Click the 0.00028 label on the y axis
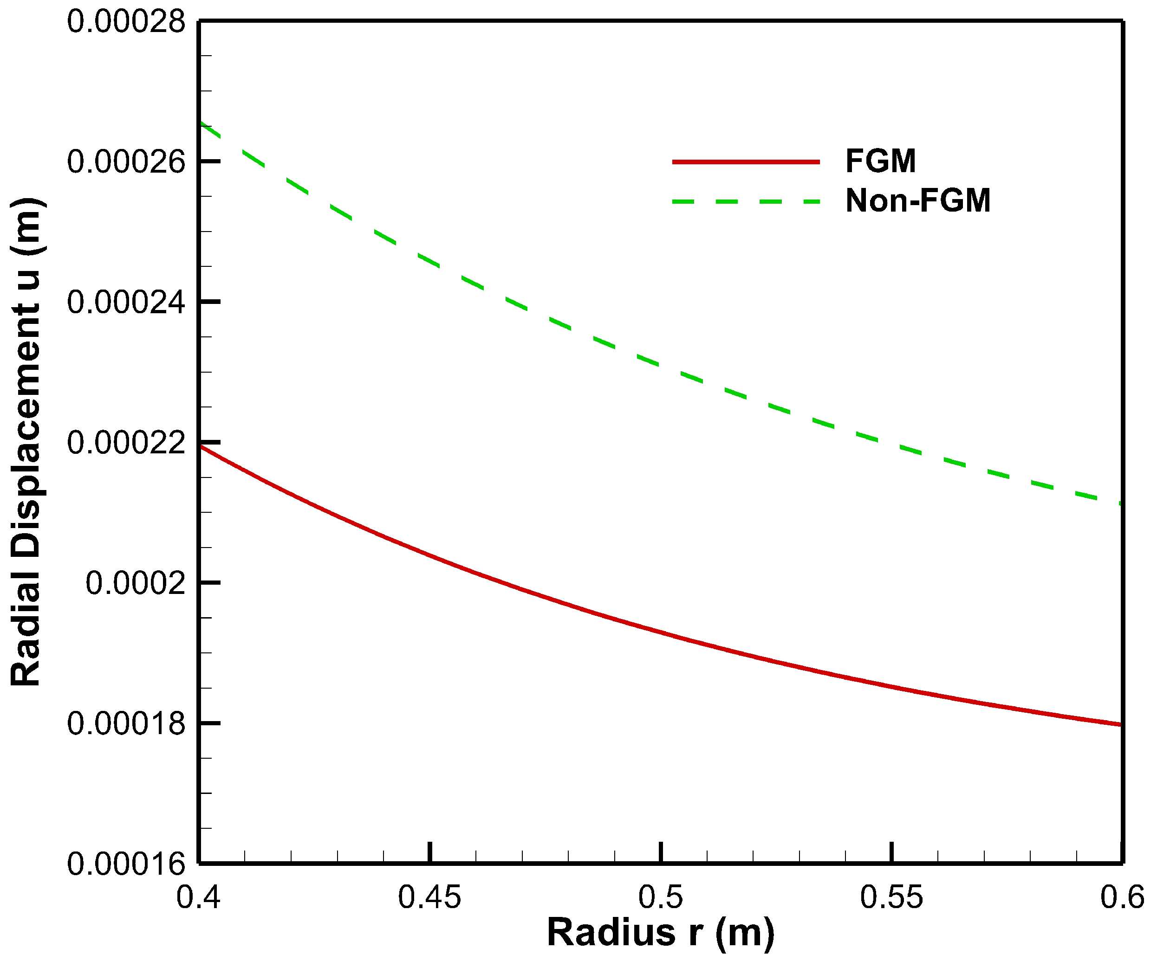point(126,23)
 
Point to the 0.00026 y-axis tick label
point(126,162)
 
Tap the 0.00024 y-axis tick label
point(126,303)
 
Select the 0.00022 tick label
point(126,443)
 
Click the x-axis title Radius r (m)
point(661,934)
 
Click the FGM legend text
point(880,161)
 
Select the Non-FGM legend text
point(918,200)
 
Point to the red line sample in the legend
point(746,162)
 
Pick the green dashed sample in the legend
point(746,201)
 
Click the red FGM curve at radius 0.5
point(661,632)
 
